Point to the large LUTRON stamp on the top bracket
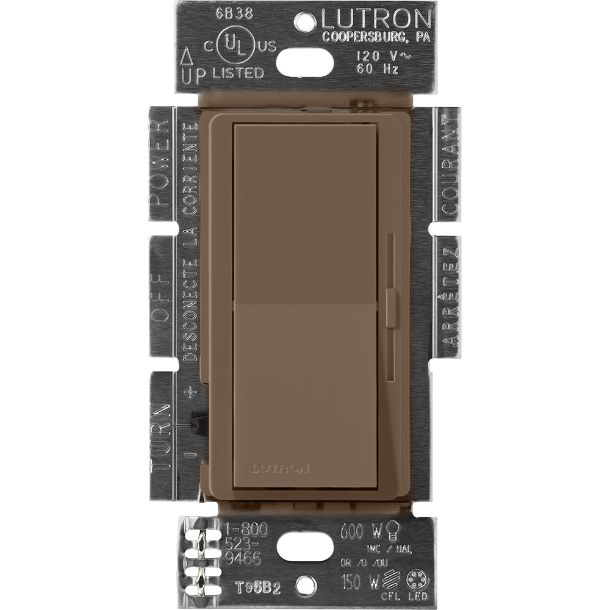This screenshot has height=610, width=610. pyautogui.click(x=376, y=19)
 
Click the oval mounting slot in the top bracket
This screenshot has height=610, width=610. pyautogui.click(x=305, y=62)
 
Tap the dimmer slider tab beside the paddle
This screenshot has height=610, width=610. pyautogui.click(x=391, y=304)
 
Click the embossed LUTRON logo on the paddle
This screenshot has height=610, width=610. pyautogui.click(x=279, y=468)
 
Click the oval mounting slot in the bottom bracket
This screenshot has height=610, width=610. pyautogui.click(x=305, y=547)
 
